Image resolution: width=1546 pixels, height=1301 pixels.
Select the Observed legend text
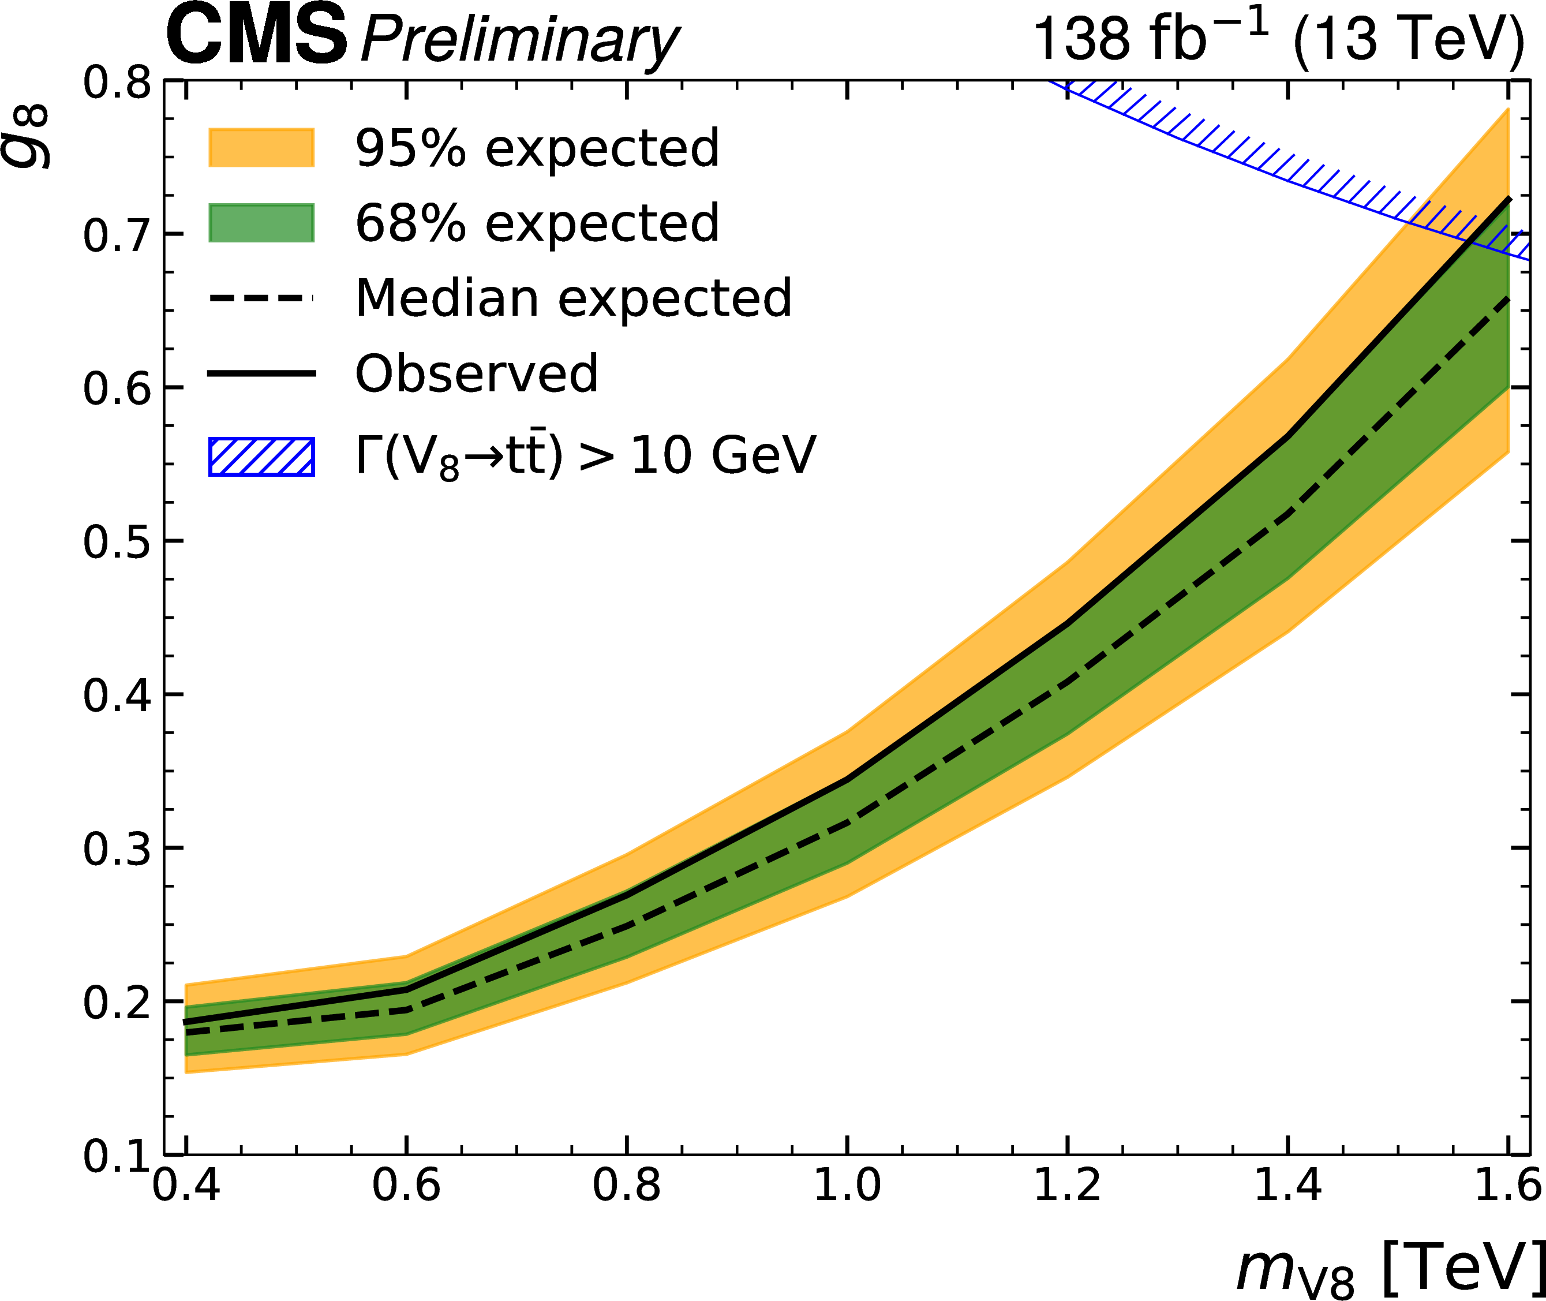(x=476, y=373)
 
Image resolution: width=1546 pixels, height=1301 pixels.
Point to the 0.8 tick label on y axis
(x=117, y=83)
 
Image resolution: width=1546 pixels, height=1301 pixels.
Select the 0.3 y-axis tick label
(x=117, y=850)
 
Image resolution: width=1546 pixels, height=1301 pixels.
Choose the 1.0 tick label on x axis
(x=847, y=1187)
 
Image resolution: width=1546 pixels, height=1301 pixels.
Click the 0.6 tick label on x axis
(x=406, y=1187)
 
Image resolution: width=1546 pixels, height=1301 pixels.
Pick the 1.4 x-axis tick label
(x=1287, y=1187)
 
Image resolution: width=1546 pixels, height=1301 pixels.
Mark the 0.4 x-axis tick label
(x=186, y=1187)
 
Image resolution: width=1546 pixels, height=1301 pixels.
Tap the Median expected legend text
(x=573, y=299)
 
